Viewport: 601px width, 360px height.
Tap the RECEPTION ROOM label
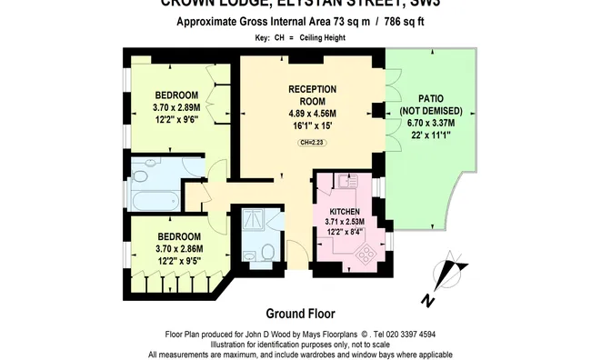pyautogui.click(x=312, y=95)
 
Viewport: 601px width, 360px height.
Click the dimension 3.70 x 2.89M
pyautogui.click(x=176, y=107)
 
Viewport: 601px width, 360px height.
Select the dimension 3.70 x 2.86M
pyautogui.click(x=176, y=249)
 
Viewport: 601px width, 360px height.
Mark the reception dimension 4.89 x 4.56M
pyautogui.click(x=312, y=114)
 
